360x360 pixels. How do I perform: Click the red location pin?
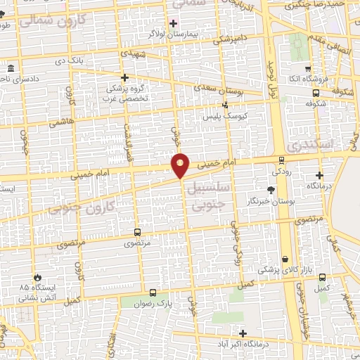[181, 165]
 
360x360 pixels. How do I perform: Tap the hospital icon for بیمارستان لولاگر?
[173, 23]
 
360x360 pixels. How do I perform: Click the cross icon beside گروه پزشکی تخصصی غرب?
[124, 77]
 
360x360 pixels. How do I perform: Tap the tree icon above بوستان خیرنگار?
[271, 190]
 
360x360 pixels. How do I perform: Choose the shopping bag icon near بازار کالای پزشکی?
[285, 259]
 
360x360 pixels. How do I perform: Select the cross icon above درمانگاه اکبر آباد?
[243, 333]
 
